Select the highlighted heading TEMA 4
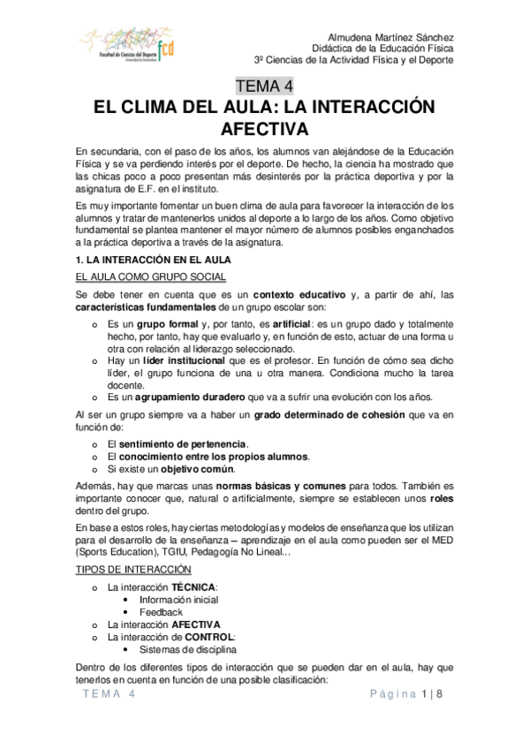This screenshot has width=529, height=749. (x=264, y=86)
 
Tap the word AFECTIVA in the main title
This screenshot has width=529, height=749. (x=264, y=128)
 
